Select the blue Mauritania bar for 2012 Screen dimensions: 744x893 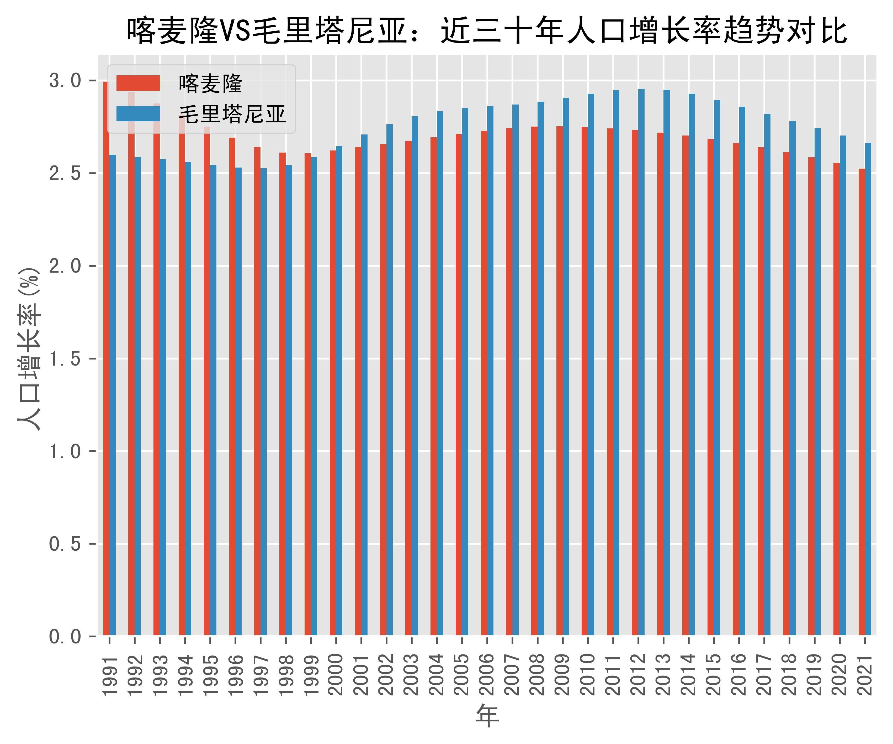click(641, 362)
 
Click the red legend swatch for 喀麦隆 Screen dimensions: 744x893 click(138, 83)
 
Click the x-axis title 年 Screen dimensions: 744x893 click(487, 716)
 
